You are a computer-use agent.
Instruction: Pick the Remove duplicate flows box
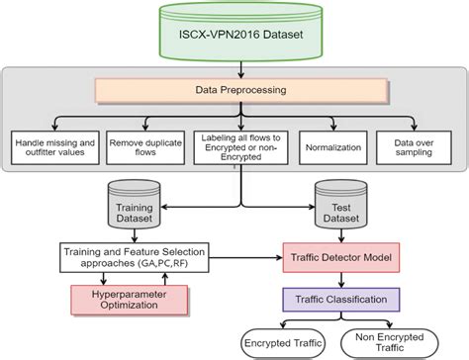coord(145,147)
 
